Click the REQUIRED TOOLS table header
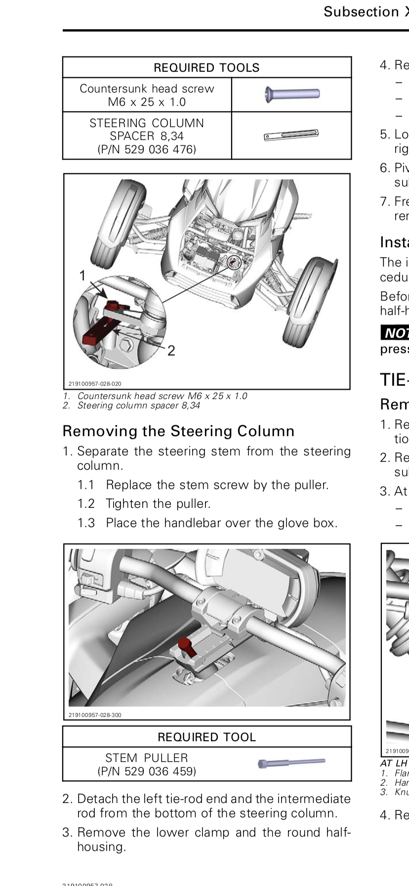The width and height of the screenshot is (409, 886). tap(206, 68)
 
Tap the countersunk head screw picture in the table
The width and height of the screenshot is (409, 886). tap(292, 93)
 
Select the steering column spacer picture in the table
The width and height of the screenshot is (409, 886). tap(291, 135)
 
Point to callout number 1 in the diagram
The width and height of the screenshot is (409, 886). tap(83, 276)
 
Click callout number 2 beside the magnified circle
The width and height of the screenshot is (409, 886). tap(171, 351)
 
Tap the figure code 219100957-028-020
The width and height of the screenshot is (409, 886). tap(95, 384)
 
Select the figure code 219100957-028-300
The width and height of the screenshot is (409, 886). tap(95, 715)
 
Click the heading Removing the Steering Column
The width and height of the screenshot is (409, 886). tap(178, 431)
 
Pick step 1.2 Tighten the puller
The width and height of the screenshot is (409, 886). tap(158, 504)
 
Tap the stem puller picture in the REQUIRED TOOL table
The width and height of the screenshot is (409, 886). tap(291, 763)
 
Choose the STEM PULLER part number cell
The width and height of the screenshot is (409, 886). tap(147, 764)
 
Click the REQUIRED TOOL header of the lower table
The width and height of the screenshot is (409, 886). tap(206, 737)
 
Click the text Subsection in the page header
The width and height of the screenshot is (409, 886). tap(361, 12)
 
